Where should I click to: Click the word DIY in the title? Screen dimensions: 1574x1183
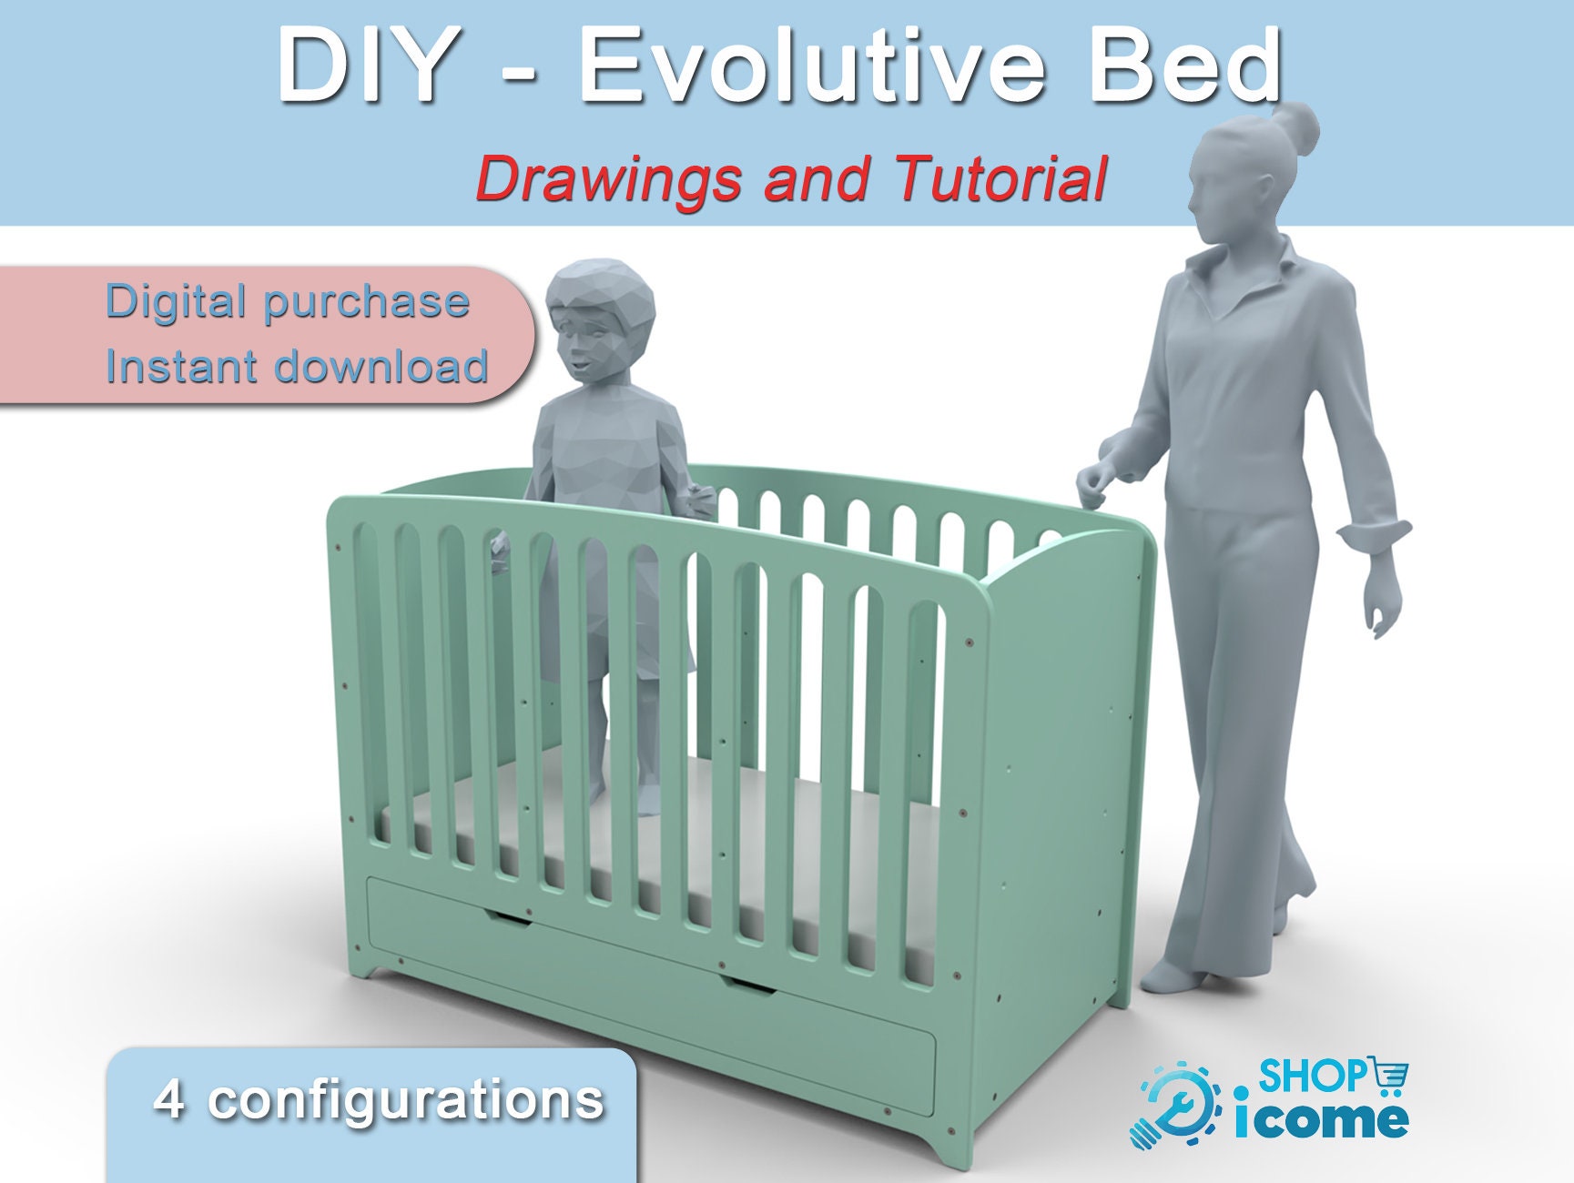tap(366, 66)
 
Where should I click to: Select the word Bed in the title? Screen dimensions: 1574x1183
tap(1186, 66)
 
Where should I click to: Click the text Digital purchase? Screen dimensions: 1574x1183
tap(288, 301)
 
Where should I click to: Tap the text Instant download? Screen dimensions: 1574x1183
tap(297, 366)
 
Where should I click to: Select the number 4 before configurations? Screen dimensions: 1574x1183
tap(169, 1099)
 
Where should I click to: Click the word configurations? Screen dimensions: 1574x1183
tap(406, 1102)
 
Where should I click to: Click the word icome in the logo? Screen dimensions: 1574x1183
tap(1321, 1117)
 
